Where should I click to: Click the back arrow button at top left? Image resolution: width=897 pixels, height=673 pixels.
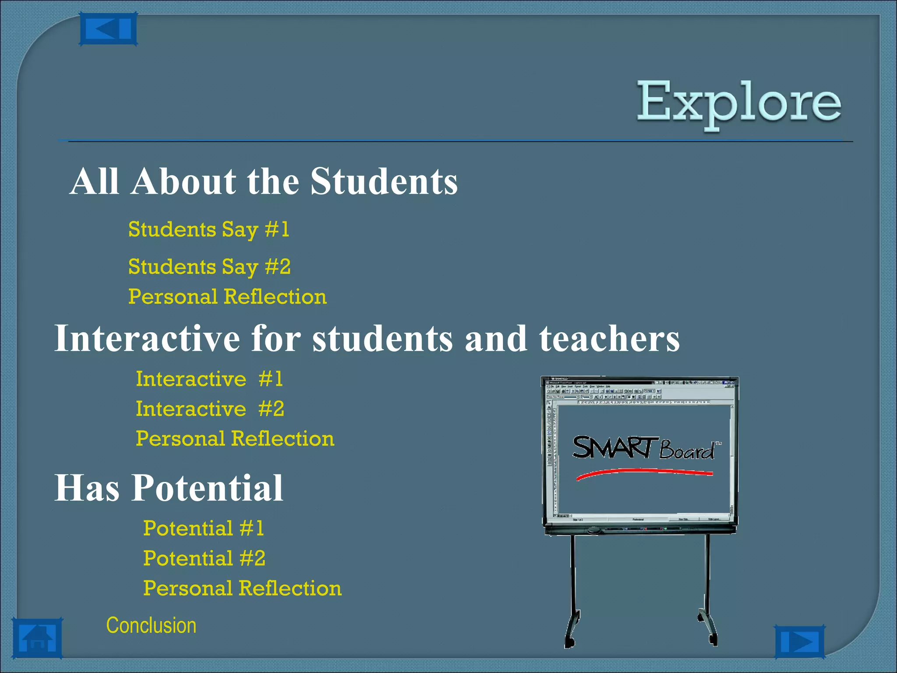click(108, 29)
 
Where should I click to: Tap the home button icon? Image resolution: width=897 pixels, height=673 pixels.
click(37, 638)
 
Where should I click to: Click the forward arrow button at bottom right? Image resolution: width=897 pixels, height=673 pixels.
click(799, 642)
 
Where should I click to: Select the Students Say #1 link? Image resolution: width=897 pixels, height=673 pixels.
click(208, 230)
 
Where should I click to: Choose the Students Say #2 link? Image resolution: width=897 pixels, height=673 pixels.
click(209, 267)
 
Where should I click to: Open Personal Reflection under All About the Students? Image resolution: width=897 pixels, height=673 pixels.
click(227, 297)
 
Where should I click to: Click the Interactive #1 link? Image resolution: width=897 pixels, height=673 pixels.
click(209, 379)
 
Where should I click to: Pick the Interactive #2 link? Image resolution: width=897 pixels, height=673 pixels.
click(209, 409)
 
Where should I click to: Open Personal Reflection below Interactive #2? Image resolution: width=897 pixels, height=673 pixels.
click(235, 439)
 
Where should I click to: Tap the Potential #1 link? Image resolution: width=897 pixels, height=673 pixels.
click(204, 528)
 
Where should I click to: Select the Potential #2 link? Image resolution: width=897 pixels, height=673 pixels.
click(204, 558)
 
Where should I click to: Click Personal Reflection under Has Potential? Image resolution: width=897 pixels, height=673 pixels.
click(242, 588)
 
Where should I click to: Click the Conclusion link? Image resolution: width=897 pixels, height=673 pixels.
click(151, 625)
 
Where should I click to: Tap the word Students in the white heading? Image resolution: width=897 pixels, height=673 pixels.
click(384, 181)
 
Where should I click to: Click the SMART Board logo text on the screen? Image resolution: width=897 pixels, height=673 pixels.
click(644, 448)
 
